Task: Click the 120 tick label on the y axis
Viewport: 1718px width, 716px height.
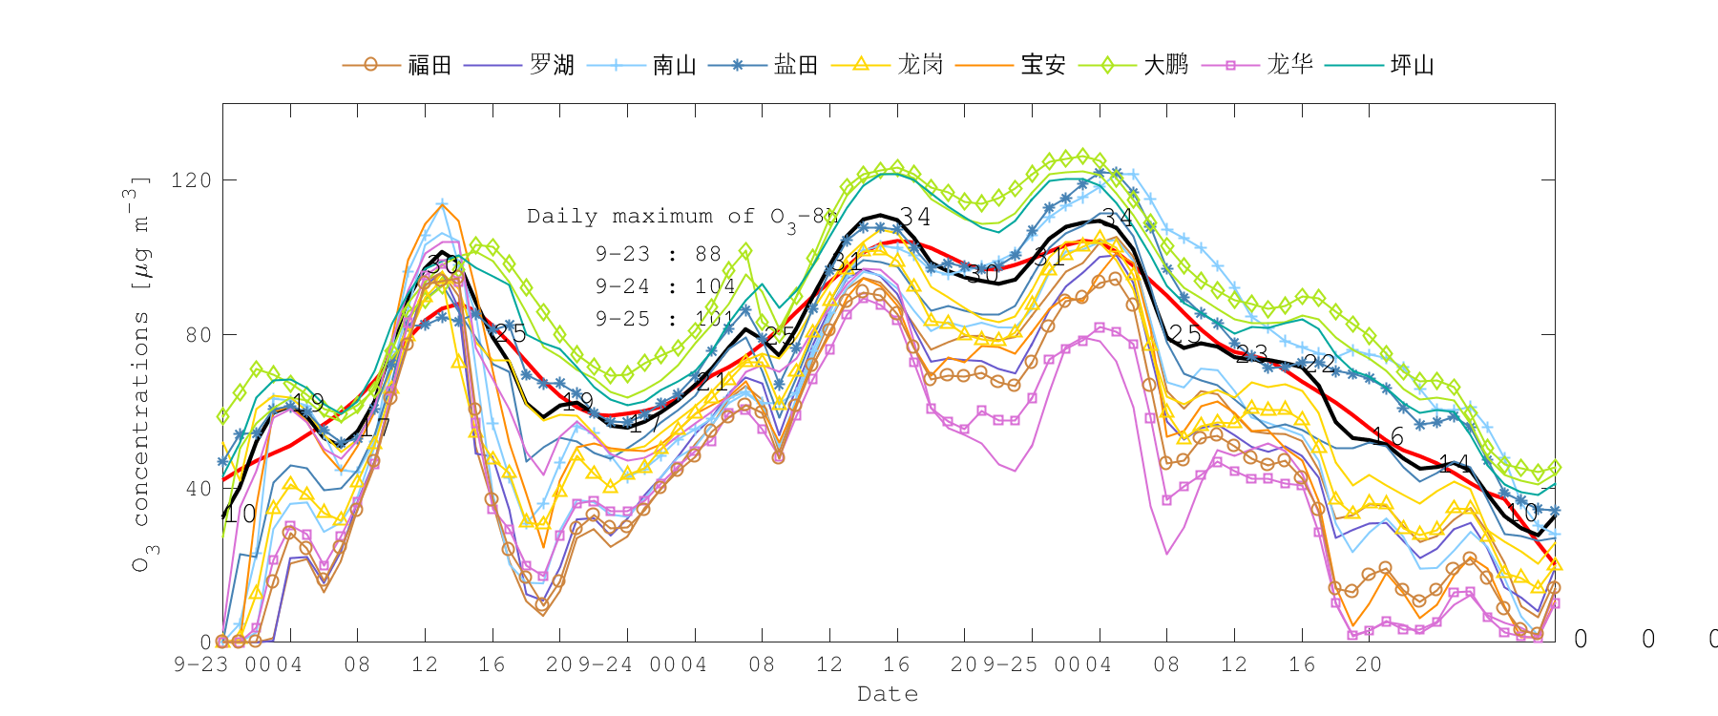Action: (x=191, y=180)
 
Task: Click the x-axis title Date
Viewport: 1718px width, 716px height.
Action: (x=888, y=694)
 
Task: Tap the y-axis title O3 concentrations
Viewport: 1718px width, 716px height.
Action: (x=140, y=372)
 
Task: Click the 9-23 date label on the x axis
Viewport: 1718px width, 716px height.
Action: (x=200, y=664)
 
